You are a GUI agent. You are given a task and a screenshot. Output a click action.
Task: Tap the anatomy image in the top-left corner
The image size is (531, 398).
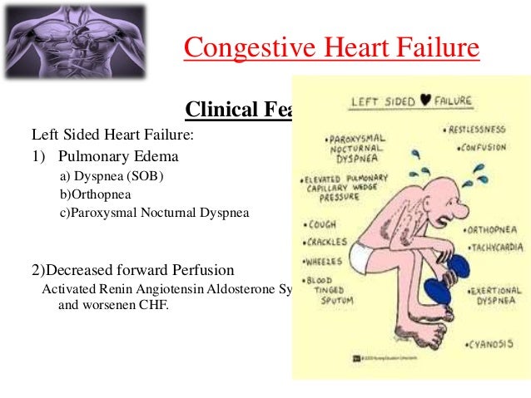[72, 42]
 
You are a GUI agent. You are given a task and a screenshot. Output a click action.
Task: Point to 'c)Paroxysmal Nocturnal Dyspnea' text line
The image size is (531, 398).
[154, 213]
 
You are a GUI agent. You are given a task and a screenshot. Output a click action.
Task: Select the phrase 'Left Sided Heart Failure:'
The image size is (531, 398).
[101, 133]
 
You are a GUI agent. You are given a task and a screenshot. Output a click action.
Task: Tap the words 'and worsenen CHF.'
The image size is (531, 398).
[113, 304]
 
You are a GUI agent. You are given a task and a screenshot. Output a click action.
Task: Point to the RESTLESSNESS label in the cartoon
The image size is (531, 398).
[477, 130]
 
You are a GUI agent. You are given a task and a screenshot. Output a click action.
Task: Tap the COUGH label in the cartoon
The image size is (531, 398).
[322, 224]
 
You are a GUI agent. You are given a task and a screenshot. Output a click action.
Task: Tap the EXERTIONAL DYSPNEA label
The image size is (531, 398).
[497, 298]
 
